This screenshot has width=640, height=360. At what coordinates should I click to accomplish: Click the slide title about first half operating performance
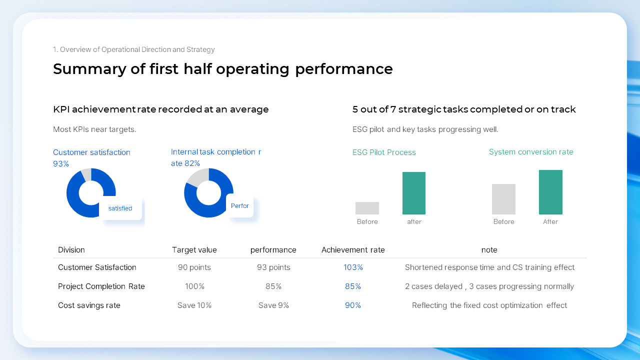(222, 69)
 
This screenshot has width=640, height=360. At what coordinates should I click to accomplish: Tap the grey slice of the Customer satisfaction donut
(86, 174)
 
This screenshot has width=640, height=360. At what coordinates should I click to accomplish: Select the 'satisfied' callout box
(120, 208)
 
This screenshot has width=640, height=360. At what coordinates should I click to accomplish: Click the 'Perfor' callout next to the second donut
(240, 205)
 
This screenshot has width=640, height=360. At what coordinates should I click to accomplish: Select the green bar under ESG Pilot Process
(414, 193)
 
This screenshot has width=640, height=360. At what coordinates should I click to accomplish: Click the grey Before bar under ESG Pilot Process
(367, 208)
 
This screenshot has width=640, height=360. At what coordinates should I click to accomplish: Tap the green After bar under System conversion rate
(550, 192)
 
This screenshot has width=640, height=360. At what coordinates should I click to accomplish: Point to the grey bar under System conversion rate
(503, 199)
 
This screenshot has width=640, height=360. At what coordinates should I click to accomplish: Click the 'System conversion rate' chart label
(531, 152)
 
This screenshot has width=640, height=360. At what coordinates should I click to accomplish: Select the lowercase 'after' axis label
(414, 221)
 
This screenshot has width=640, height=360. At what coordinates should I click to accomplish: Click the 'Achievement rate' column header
(353, 250)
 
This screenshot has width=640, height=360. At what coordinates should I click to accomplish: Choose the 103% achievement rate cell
(353, 267)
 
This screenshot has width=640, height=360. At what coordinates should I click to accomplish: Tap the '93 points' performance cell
(273, 267)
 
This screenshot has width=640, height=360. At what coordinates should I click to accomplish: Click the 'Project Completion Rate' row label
(101, 286)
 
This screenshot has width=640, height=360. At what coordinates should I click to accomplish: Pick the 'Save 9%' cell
(273, 305)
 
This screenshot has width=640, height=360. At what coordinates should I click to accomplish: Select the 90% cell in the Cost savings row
(353, 305)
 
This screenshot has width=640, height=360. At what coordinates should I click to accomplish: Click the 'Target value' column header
(194, 250)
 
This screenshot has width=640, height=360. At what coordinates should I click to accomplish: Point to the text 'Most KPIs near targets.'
(94, 129)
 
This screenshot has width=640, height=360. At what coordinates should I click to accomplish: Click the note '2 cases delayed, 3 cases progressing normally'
(489, 286)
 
